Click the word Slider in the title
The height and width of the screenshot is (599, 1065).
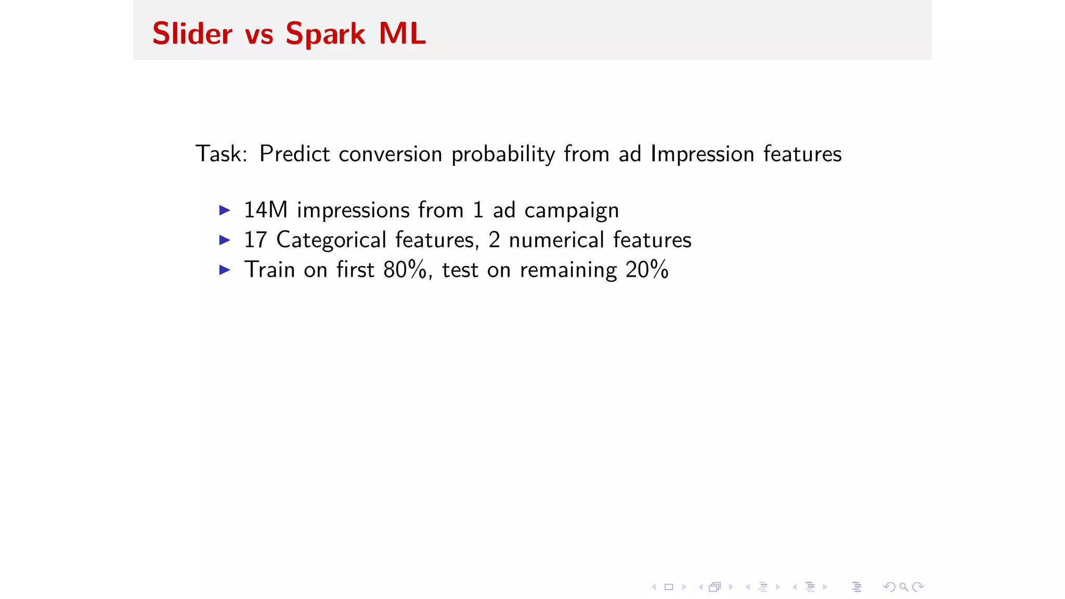point(192,34)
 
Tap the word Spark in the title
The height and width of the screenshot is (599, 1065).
point(325,35)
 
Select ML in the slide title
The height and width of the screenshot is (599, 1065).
point(402,34)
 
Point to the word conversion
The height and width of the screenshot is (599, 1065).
point(390,154)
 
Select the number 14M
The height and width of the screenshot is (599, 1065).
point(266,210)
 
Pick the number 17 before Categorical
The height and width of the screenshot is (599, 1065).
point(255,240)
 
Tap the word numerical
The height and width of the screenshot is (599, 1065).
point(556,240)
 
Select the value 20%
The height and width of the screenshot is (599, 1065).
point(646,270)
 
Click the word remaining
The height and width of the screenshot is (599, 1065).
point(568,270)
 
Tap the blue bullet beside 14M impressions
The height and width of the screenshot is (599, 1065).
point(225,210)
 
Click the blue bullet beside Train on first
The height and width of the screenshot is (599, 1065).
point(225,270)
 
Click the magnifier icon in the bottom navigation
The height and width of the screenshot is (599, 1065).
point(904,587)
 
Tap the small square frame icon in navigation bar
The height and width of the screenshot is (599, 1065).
point(669,587)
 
